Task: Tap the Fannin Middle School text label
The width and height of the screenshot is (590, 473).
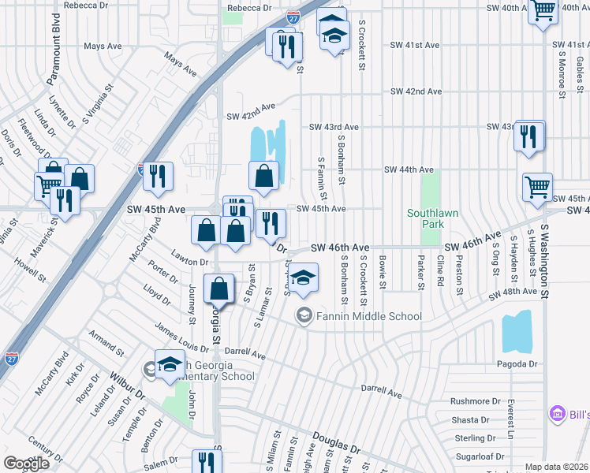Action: click(x=368, y=317)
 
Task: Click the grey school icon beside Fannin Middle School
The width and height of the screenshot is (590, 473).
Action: click(x=304, y=316)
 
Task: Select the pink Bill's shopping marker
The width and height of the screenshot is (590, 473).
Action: click(x=558, y=413)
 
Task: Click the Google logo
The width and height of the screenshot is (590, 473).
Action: click(x=26, y=464)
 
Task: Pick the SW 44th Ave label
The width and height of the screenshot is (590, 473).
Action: click(x=409, y=169)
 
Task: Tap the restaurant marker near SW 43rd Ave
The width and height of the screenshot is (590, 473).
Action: click(x=529, y=136)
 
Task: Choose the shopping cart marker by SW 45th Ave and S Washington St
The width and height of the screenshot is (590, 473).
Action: click(x=537, y=188)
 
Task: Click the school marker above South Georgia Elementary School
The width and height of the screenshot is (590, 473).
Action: click(x=170, y=364)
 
